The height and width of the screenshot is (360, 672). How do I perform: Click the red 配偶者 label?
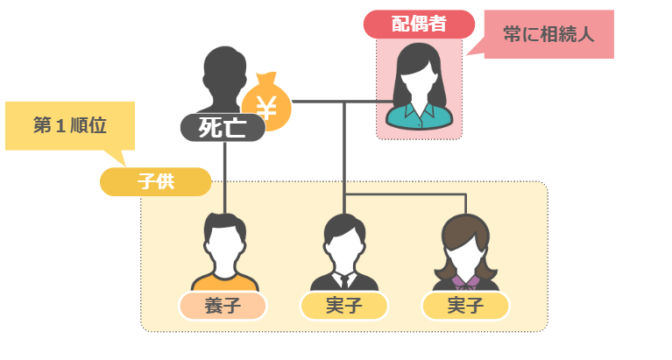tap(418, 24)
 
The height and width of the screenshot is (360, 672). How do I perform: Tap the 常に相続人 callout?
tap(548, 34)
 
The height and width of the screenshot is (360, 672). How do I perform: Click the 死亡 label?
tap(223, 128)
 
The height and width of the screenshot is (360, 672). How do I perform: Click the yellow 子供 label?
tap(155, 182)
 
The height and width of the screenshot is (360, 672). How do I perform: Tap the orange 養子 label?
tap(223, 306)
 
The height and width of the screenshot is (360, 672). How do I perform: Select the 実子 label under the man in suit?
tap(343, 306)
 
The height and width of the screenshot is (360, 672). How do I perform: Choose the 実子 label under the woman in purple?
tap(465, 306)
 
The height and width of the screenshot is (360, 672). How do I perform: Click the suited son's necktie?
tap(344, 281)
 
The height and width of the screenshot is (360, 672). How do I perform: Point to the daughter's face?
tap(466, 251)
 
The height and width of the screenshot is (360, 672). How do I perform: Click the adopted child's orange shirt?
tap(224, 281)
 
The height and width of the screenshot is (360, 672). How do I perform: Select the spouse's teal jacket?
tap(419, 115)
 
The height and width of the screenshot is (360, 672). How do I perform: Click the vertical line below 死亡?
tap(225, 175)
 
